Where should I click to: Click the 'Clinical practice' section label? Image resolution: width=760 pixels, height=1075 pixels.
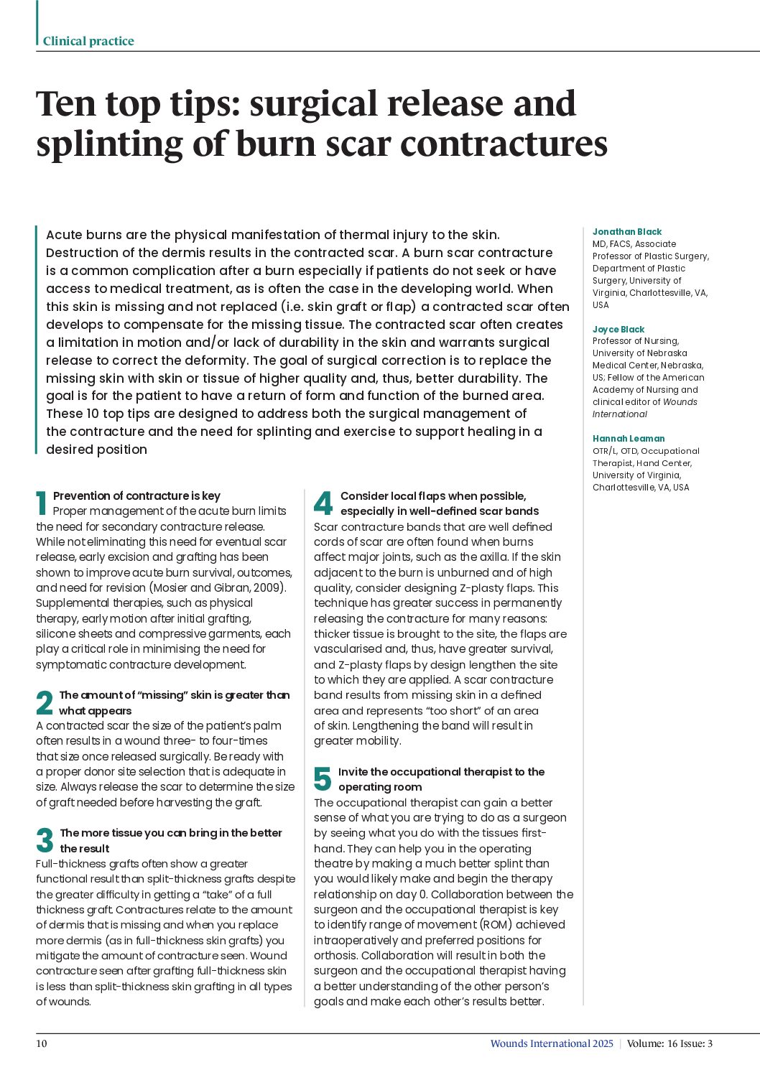click(88, 42)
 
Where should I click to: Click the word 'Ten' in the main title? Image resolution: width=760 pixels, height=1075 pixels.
click(66, 104)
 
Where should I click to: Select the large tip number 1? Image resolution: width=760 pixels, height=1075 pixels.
click(42, 503)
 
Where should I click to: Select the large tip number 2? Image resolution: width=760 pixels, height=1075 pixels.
click(45, 703)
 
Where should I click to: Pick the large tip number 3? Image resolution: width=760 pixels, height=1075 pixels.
click(45, 841)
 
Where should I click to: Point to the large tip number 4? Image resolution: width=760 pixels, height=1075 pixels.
click(323, 503)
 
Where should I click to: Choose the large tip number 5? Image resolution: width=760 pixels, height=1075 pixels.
click(323, 779)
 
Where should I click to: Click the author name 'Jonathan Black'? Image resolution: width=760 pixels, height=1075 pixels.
click(627, 232)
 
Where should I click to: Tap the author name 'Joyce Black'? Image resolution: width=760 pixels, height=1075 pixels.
click(618, 330)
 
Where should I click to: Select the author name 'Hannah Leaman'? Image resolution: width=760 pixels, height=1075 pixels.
click(629, 439)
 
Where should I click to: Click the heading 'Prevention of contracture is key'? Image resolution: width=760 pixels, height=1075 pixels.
click(136, 496)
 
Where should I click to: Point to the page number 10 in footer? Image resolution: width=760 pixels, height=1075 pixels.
click(42, 1043)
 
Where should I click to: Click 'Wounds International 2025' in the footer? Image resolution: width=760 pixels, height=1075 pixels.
click(552, 1043)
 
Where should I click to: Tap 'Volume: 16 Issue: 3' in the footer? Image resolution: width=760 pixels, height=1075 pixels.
click(669, 1043)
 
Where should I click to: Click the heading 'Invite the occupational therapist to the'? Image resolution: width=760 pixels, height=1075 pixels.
click(441, 772)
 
